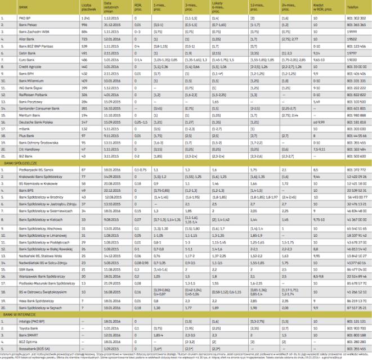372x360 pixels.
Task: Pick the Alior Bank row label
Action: tap(25, 39)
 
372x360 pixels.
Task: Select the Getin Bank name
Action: tap(25, 53)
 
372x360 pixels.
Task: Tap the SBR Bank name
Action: tap(24, 270)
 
